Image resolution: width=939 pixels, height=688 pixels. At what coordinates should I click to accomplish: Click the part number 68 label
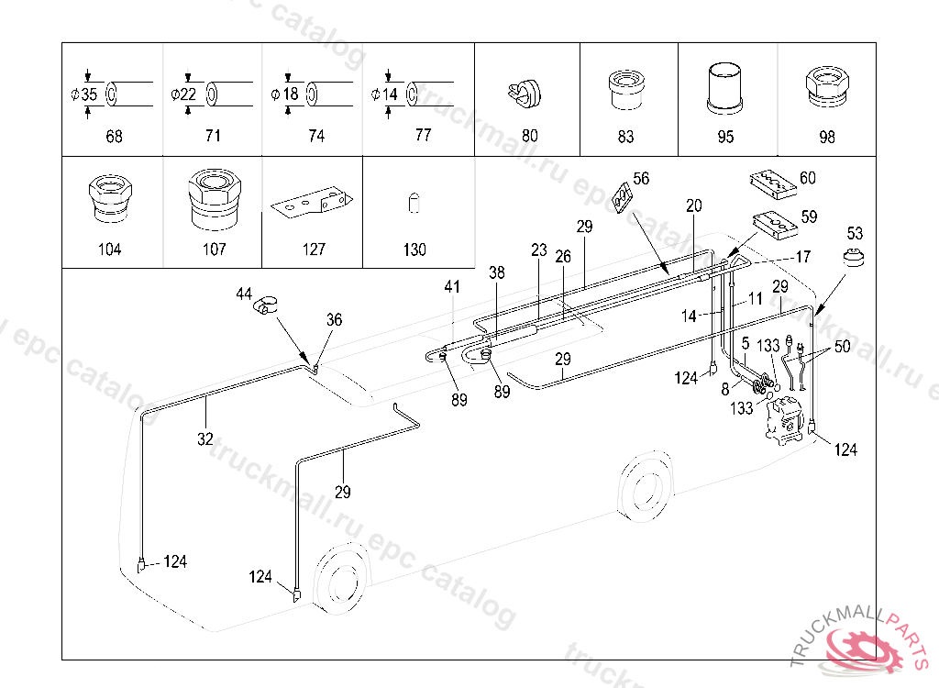(114, 137)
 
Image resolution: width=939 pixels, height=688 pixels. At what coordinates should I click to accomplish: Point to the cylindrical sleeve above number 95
(725, 86)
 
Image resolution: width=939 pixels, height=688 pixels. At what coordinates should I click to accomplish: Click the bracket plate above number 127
(312, 203)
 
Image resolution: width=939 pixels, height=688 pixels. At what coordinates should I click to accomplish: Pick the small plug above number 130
(414, 203)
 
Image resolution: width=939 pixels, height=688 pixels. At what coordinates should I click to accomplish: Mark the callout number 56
(640, 179)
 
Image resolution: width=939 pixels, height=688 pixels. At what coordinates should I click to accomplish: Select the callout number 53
(855, 233)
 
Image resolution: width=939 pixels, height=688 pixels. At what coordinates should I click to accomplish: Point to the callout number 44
(243, 294)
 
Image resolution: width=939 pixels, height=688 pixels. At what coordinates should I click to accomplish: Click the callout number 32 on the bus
(205, 438)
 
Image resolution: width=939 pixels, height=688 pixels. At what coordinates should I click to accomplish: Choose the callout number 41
(452, 287)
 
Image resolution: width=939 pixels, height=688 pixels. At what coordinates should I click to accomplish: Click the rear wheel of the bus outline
(646, 486)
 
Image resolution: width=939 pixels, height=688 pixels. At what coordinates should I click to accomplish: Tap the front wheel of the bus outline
(341, 582)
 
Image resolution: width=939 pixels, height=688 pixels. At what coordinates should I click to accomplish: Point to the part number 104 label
(108, 250)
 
